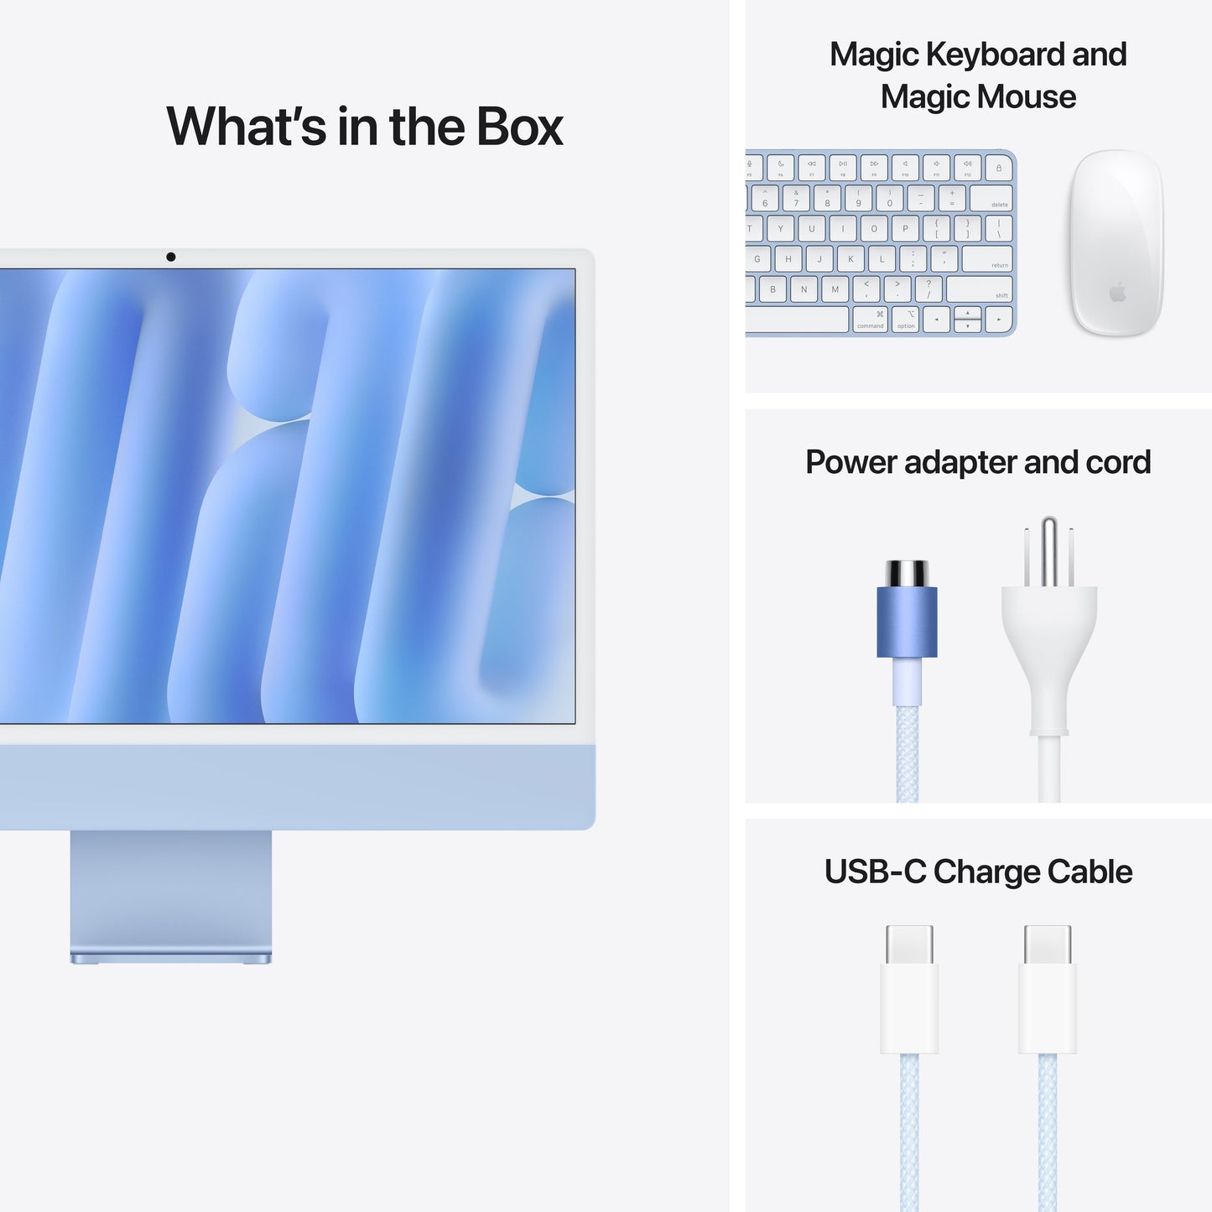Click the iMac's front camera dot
(x=171, y=257)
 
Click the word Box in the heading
(x=520, y=127)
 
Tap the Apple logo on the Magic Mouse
(x=1117, y=292)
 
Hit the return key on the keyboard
(x=986, y=258)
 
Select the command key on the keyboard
(x=871, y=320)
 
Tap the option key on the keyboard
(x=906, y=320)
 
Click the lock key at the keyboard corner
(x=998, y=168)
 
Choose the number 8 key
(x=827, y=199)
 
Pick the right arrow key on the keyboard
(x=998, y=320)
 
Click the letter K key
(x=850, y=259)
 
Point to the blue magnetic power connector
(x=907, y=620)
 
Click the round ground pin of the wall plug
(x=1048, y=550)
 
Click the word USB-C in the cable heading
(x=875, y=872)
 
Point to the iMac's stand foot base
(x=171, y=957)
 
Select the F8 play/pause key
(x=843, y=167)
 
